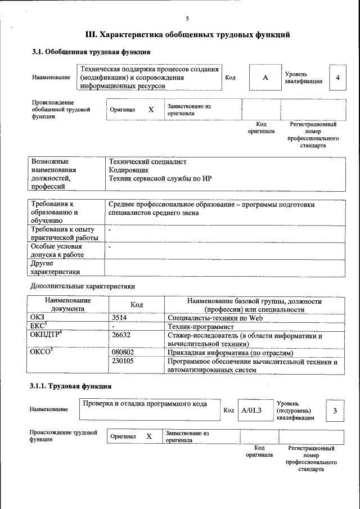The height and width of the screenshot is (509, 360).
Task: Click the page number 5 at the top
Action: [x=187, y=19]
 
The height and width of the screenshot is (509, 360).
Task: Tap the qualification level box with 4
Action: [x=337, y=78]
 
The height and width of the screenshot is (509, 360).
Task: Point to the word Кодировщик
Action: [x=129, y=170]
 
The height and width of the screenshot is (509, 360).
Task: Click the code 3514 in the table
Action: [x=121, y=318]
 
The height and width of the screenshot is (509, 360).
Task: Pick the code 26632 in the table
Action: [x=122, y=336]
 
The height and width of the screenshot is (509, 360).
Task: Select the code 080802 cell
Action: [x=124, y=353]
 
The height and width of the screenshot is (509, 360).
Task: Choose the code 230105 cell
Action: [x=124, y=362]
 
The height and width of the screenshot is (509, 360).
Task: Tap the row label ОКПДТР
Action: [x=44, y=336]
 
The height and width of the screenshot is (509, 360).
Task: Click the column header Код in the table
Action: [x=137, y=304]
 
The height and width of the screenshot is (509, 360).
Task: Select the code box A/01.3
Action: [x=252, y=410]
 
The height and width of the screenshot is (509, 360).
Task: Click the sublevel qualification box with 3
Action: [x=335, y=411]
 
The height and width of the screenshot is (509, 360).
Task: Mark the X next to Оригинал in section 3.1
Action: [x=151, y=110]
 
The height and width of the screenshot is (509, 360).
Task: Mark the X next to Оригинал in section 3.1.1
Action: [x=149, y=436]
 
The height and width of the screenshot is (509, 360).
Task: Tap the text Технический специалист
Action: [x=147, y=162]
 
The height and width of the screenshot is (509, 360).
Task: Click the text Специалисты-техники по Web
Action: [x=215, y=318]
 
